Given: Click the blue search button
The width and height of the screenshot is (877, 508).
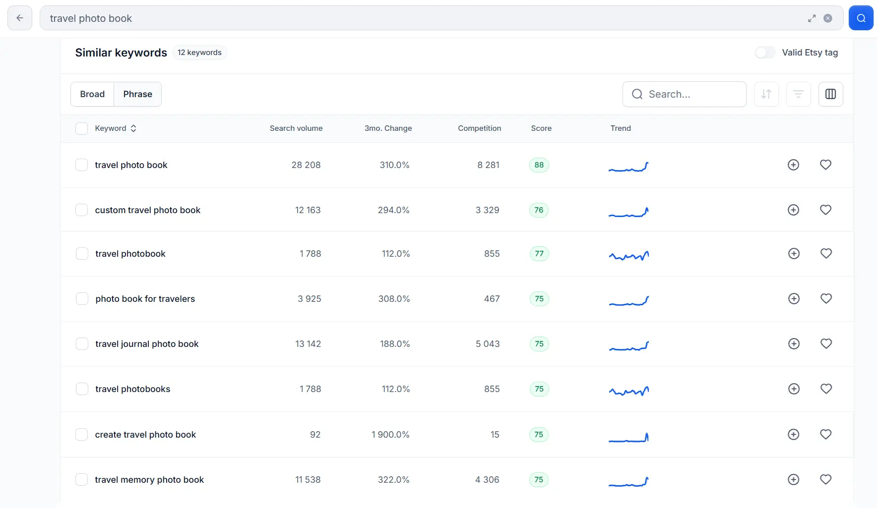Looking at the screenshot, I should point(861,18).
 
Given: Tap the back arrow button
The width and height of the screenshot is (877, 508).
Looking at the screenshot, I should point(20,18).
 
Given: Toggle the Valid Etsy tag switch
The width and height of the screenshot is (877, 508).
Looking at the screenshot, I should point(765,53).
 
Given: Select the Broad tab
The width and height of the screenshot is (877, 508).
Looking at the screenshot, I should point(92,94).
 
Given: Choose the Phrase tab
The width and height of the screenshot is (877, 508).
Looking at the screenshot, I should point(137,94).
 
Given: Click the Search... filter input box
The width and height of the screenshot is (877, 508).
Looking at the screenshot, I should point(684,94).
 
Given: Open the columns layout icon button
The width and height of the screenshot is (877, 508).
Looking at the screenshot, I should point(830,94).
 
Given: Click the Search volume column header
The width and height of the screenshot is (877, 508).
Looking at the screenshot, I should point(296,128).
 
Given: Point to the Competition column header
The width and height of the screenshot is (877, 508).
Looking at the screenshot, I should point(479,128).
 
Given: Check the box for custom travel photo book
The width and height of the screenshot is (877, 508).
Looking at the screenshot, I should point(81,210).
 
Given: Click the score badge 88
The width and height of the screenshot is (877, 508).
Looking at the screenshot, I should point(539,165).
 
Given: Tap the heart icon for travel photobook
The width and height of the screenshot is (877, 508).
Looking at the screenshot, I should point(826,254).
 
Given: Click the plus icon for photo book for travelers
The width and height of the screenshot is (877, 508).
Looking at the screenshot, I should point(794,299).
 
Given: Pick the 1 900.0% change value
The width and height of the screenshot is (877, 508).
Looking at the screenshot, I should point(390,435).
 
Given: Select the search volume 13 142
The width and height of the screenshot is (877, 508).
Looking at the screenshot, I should point(308,344).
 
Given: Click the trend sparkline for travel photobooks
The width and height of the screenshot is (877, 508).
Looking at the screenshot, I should point(628,391).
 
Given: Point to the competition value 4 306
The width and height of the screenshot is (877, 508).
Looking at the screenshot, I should point(487,480).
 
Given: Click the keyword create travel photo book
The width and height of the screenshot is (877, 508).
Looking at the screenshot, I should point(145,435).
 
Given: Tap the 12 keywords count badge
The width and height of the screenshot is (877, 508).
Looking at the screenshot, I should point(199,53).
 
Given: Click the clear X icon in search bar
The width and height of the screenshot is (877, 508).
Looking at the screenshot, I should point(828,18).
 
